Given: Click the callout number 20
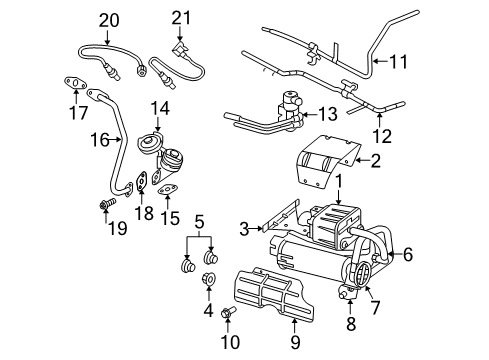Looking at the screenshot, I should click(108, 19).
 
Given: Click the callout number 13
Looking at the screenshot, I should click(329, 115).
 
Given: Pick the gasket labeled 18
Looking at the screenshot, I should click(144, 180).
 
